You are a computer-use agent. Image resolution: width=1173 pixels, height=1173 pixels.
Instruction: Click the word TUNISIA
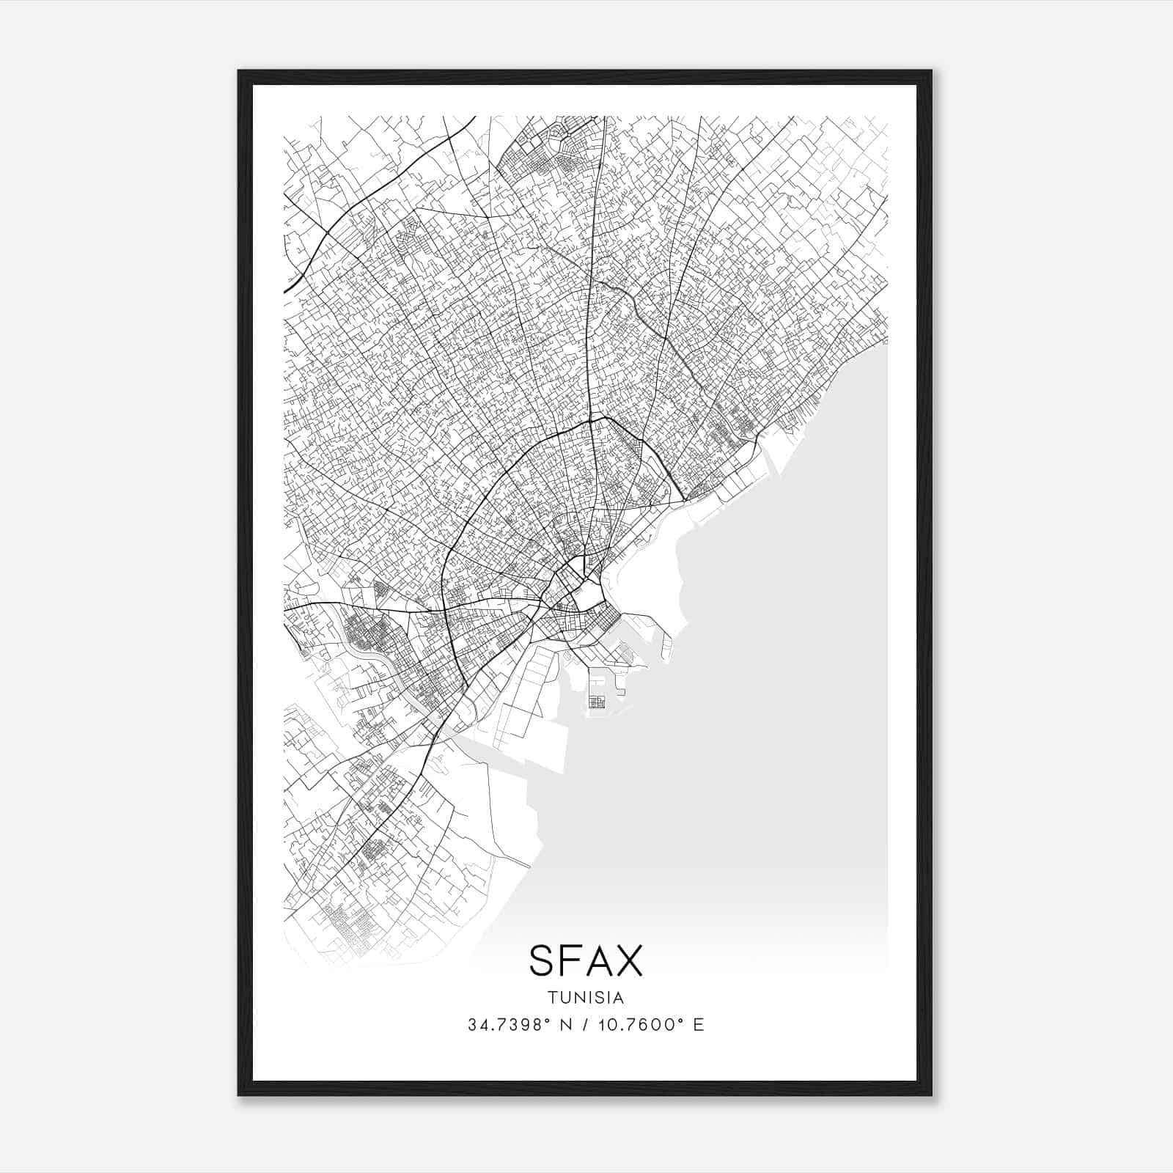[x=585, y=998]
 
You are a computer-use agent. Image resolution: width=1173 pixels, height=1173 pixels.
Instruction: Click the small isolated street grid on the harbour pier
[x=597, y=701]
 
